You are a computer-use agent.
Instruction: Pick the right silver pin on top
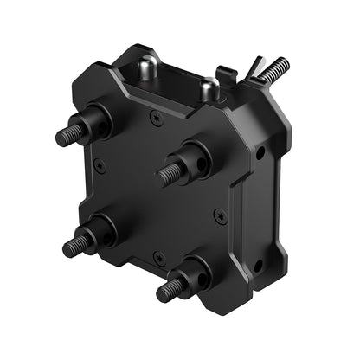point(209,87)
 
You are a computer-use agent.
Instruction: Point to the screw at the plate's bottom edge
point(158,256)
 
